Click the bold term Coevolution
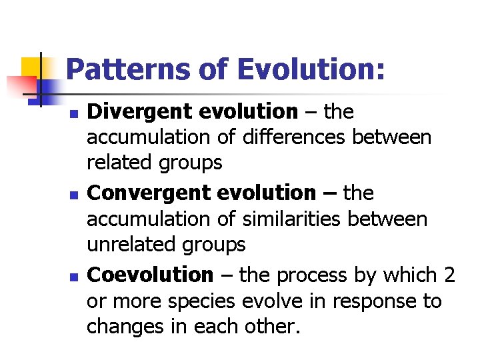pyautogui.click(x=150, y=275)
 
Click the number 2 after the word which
pyautogui.click(x=449, y=275)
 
